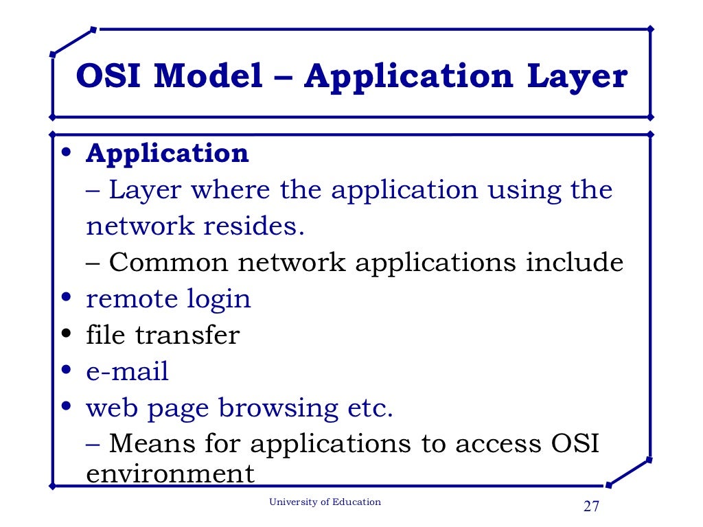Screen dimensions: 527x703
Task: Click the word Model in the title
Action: click(x=208, y=76)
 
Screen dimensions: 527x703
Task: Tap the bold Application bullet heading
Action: click(x=167, y=153)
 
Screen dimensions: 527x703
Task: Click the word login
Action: click(x=219, y=298)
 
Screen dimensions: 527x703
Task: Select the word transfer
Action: click(x=187, y=335)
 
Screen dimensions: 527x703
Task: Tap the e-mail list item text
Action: click(x=127, y=371)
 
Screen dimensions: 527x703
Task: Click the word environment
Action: click(x=170, y=473)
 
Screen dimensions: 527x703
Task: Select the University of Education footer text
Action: click(x=325, y=502)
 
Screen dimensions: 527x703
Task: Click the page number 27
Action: click(x=591, y=507)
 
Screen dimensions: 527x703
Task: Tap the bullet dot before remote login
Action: click(x=66, y=298)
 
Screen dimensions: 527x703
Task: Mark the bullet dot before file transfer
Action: click(x=66, y=335)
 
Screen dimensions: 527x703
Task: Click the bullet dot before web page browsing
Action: click(x=66, y=407)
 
